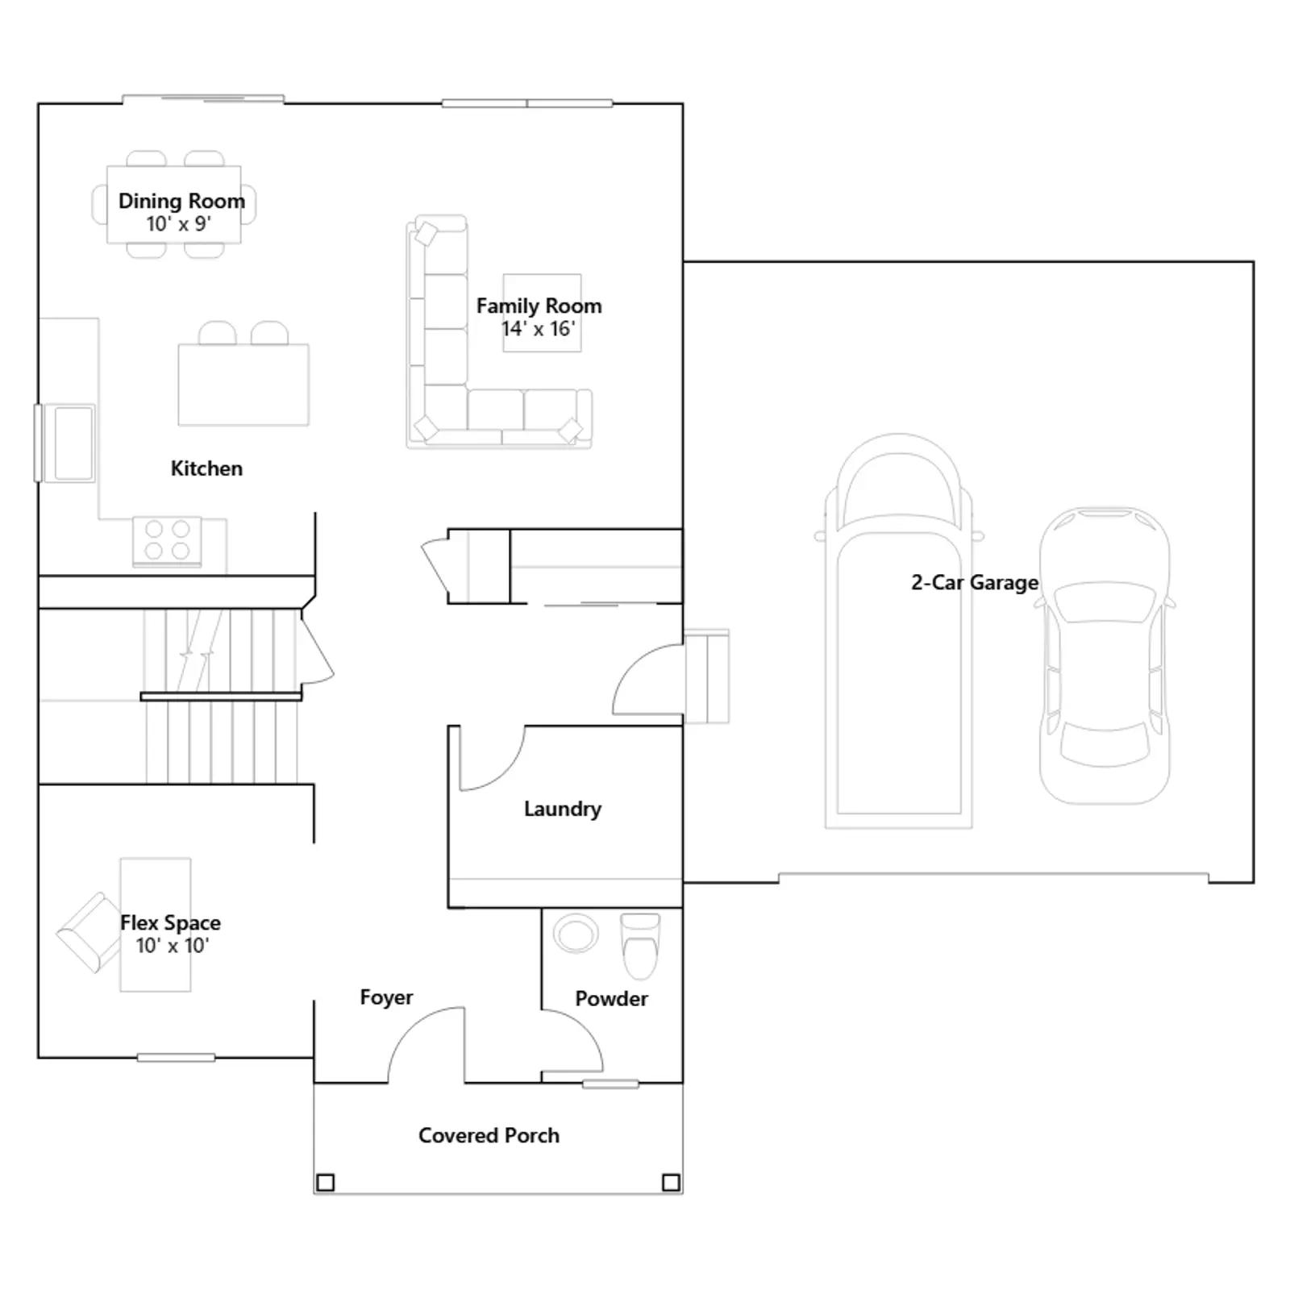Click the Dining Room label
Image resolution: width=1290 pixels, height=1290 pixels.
tap(181, 201)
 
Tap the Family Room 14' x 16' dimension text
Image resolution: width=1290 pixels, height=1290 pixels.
tap(539, 329)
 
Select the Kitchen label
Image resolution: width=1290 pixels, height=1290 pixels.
tap(206, 468)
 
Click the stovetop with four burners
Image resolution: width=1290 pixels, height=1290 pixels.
tap(167, 540)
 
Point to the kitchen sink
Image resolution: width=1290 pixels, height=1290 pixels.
tap(73, 443)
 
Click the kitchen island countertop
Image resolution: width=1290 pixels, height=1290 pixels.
tap(243, 385)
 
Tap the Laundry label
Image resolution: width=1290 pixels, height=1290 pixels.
tap(563, 809)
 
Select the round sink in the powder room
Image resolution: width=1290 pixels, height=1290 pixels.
tap(576, 934)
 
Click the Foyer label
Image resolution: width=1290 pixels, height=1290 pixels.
tap(386, 997)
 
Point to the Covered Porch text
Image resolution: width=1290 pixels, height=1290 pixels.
tap(489, 1135)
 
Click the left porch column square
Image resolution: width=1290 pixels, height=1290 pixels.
tap(325, 1183)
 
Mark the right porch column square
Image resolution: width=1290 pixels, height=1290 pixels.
tap(671, 1183)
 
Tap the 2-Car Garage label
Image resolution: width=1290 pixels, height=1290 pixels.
tap(975, 582)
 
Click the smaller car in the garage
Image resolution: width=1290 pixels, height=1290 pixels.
tap(1105, 655)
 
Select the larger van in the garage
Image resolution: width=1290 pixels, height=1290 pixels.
tap(899, 631)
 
